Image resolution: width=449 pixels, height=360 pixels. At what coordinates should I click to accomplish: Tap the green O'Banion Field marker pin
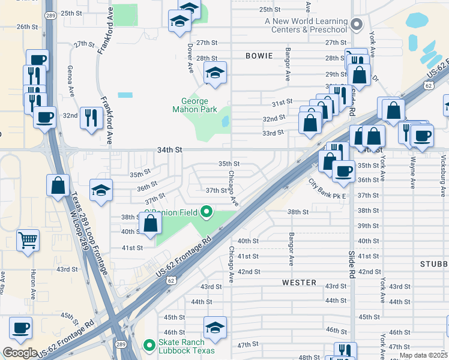pos(206,212)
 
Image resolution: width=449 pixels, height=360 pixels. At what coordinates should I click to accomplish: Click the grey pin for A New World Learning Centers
pos(357,25)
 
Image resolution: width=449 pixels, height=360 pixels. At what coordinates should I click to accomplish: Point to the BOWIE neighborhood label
pos(259,56)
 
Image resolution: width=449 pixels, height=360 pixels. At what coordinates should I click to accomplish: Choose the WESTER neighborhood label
pos(299,282)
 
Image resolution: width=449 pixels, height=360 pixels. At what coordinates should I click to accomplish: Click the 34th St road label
pos(170,149)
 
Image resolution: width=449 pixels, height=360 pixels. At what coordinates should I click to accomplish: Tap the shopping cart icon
pos(28,241)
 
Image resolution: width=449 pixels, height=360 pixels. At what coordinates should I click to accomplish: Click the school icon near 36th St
pos(101,191)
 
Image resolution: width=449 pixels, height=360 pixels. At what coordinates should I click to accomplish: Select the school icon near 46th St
pos(215,328)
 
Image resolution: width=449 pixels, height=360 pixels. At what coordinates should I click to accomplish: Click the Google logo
pos(20,353)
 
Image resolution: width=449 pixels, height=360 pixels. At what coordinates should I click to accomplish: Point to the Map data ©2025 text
pos(423,355)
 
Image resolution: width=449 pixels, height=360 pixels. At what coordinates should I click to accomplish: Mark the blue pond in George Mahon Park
pos(225,121)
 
